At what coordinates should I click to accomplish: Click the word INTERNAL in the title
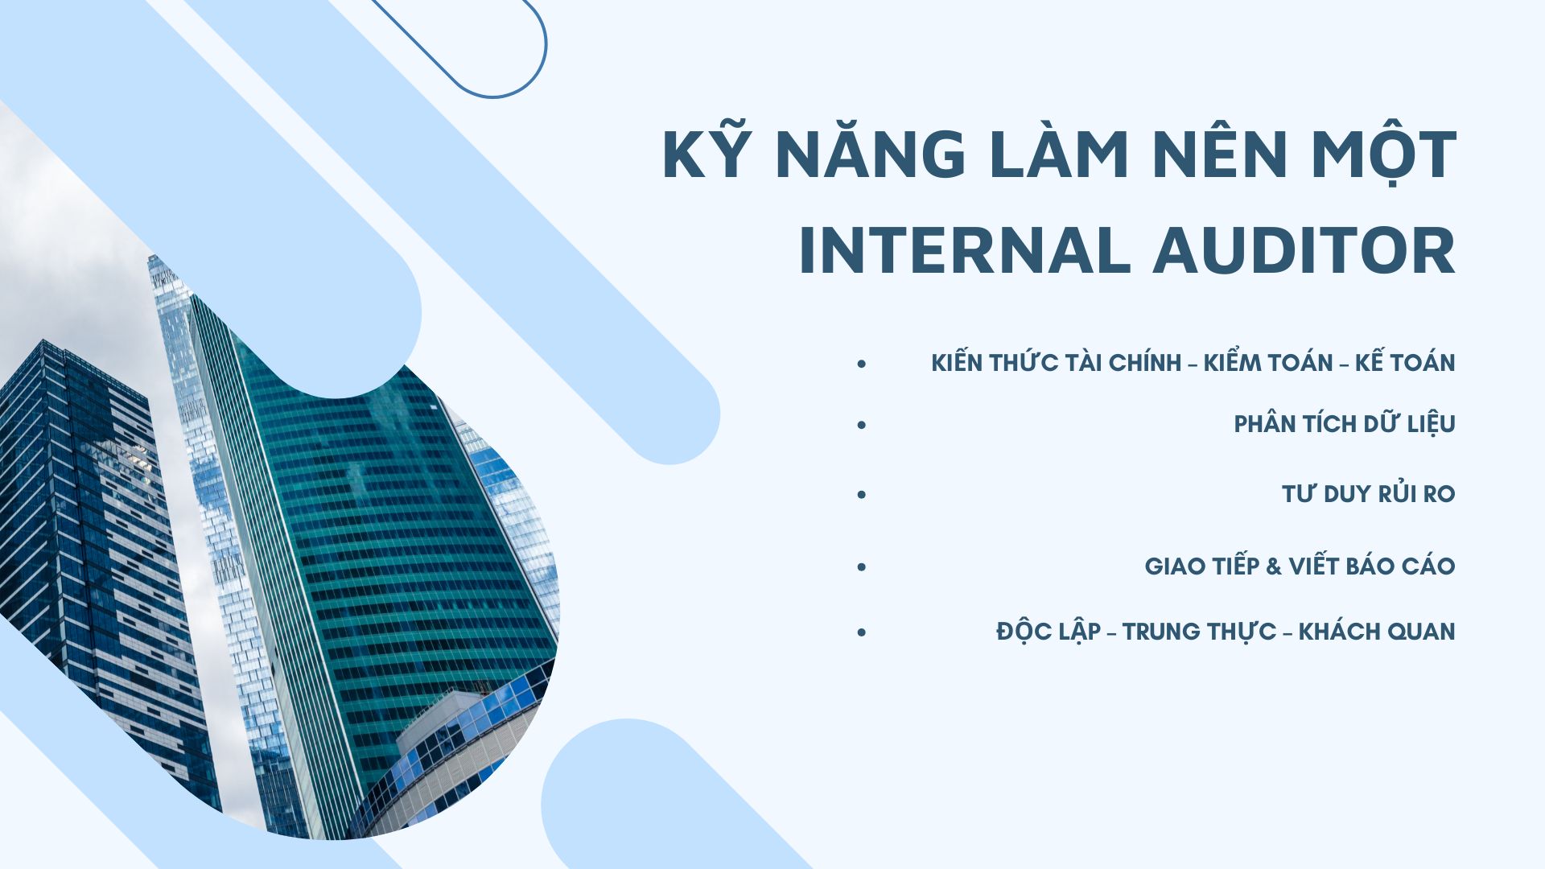(x=965, y=250)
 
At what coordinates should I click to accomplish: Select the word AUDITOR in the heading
(x=1304, y=250)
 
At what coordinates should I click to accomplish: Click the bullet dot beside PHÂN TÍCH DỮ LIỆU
(x=862, y=424)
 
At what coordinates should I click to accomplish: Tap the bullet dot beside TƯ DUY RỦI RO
(x=862, y=494)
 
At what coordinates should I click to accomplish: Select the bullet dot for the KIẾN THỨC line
(x=862, y=364)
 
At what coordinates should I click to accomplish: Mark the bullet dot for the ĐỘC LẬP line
(x=862, y=632)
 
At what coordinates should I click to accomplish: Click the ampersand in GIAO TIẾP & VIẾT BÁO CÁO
(x=1274, y=566)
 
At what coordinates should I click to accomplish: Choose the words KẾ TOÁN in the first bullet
(x=1405, y=362)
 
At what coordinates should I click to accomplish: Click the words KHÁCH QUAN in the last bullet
(x=1377, y=631)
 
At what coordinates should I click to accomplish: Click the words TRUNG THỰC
(x=1199, y=632)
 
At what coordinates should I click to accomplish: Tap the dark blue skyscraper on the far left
(x=89, y=547)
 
